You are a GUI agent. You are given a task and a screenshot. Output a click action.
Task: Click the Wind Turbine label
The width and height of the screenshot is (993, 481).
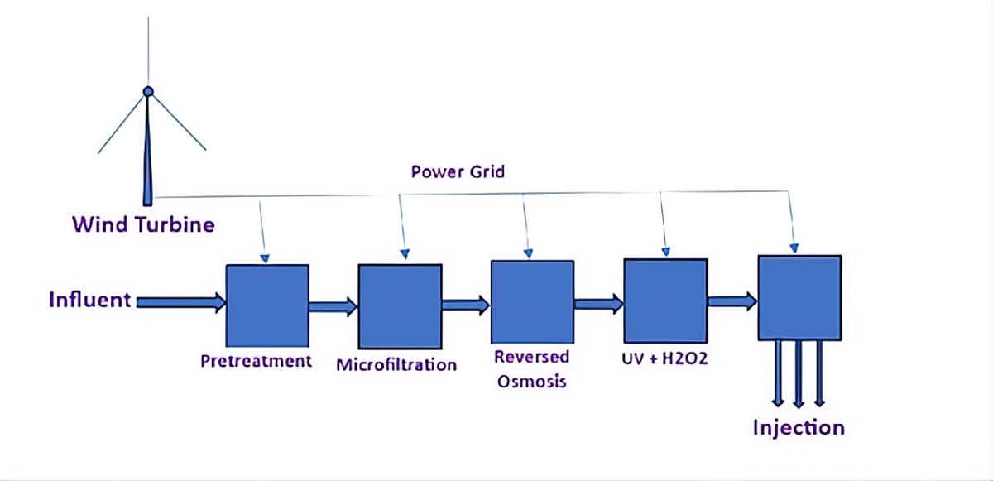144,224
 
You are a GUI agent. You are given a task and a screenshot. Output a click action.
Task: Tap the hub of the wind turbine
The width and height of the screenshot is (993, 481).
148,92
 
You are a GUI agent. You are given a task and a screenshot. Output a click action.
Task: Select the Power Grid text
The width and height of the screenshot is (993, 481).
458,171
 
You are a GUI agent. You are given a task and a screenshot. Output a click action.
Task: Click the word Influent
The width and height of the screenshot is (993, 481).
90,301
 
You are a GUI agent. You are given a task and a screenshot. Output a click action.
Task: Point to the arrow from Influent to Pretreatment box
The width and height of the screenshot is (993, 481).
181,303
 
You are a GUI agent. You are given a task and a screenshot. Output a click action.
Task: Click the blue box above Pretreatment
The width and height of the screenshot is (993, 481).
267,305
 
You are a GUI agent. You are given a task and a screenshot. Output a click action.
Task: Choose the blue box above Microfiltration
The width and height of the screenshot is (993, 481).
401,306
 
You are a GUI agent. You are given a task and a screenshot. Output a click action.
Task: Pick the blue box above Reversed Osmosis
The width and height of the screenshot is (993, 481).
532,302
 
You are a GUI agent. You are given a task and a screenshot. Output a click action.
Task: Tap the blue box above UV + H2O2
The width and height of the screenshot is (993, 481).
666,301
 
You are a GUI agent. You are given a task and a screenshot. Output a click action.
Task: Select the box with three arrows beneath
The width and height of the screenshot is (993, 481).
799,298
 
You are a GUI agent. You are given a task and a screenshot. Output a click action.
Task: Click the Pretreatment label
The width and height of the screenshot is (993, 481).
257,361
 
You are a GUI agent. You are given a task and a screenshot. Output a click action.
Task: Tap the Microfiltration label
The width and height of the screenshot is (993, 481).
396,365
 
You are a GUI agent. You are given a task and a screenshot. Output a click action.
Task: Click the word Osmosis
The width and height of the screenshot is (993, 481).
532,382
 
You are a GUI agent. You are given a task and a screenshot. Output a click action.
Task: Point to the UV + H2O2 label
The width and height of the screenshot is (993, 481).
664,358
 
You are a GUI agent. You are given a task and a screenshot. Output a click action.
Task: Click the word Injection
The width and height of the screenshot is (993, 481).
799,428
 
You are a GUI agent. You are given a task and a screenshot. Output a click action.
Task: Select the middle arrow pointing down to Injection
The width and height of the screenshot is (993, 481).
799,373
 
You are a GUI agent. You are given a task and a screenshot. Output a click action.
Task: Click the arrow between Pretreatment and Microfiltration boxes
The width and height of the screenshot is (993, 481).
333,306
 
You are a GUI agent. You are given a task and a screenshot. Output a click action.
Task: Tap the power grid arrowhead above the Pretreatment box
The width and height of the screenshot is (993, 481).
265,258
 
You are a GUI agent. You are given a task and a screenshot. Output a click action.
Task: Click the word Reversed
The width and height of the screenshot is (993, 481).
531,357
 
